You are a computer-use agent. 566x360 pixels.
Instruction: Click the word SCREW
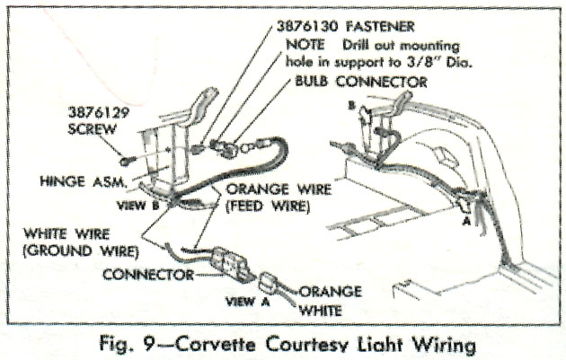click(x=93, y=130)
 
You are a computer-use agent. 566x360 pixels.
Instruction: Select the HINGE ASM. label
click(x=87, y=180)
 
